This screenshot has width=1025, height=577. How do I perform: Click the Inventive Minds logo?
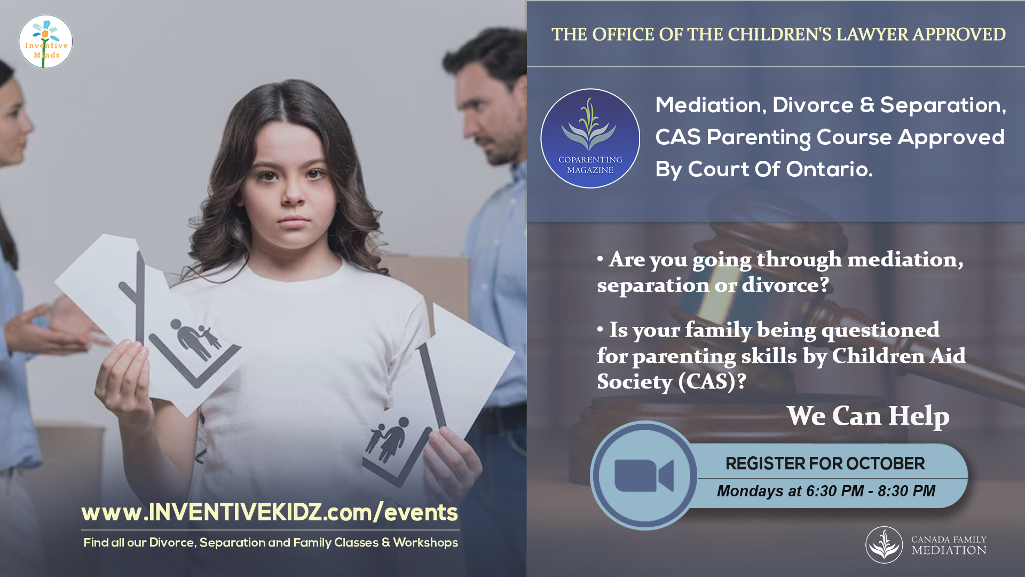pyautogui.click(x=46, y=42)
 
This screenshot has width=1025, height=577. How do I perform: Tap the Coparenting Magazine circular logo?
pyautogui.click(x=590, y=138)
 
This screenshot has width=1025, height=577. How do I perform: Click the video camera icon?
pyautogui.click(x=644, y=475)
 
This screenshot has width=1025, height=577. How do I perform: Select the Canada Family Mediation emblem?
pyautogui.click(x=884, y=545)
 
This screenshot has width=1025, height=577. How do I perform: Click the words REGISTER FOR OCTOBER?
pyautogui.click(x=825, y=463)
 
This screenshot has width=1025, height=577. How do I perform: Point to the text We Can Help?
pyautogui.click(x=868, y=416)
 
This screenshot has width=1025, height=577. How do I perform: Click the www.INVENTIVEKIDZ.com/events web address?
pyautogui.click(x=270, y=512)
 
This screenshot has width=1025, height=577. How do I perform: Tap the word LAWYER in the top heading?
pyautogui.click(x=872, y=34)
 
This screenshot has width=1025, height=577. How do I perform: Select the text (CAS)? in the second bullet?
pyautogui.click(x=712, y=382)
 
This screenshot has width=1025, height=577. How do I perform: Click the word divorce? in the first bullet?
pyautogui.click(x=786, y=285)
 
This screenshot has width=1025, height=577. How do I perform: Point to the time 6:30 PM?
pyautogui.click(x=835, y=491)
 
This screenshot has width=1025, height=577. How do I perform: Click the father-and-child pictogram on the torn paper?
pyautogui.click(x=195, y=339)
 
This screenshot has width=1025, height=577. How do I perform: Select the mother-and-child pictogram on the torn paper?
pyautogui.click(x=389, y=439)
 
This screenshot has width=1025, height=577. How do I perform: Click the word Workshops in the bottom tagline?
pyautogui.click(x=425, y=543)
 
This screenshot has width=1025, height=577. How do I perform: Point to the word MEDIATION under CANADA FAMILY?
pyautogui.click(x=949, y=550)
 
